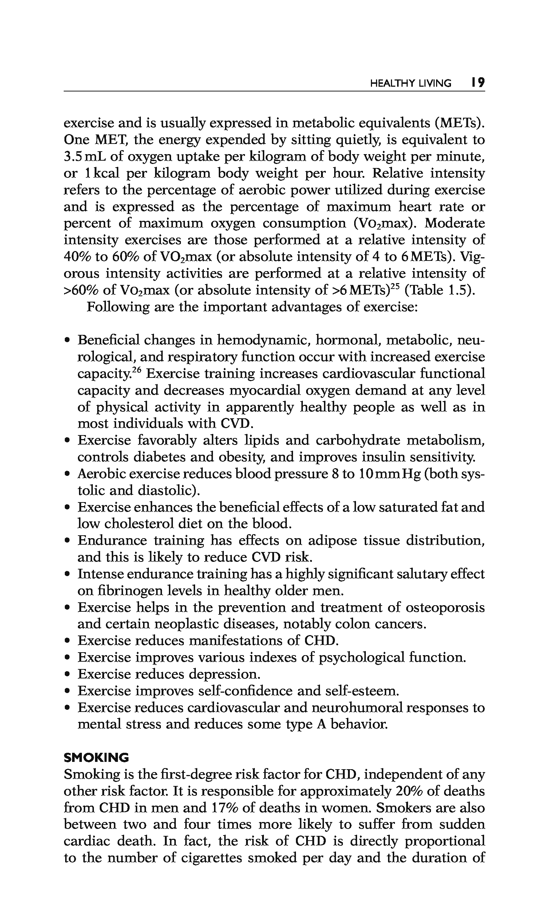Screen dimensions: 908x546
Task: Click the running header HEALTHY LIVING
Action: [x=410, y=83]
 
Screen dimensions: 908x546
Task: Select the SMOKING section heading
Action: [x=96, y=758]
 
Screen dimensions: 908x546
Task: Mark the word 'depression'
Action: [x=224, y=674]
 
